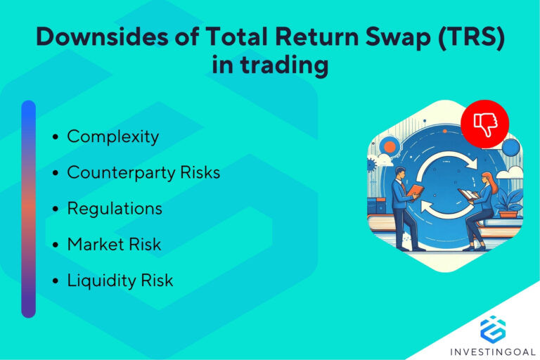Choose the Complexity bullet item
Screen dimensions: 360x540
[112, 136]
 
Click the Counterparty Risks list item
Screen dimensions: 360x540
[143, 172]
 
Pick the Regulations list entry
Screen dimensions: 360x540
[115, 209]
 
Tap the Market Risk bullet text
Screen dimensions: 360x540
[114, 245]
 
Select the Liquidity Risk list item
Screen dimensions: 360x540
[120, 281]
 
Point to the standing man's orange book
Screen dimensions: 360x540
[417, 191]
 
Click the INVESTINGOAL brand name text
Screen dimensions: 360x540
[493, 349]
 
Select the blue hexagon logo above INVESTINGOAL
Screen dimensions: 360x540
[493, 327]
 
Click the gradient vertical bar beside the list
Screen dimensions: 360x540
[28, 209]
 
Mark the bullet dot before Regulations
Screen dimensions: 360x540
[56, 210]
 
